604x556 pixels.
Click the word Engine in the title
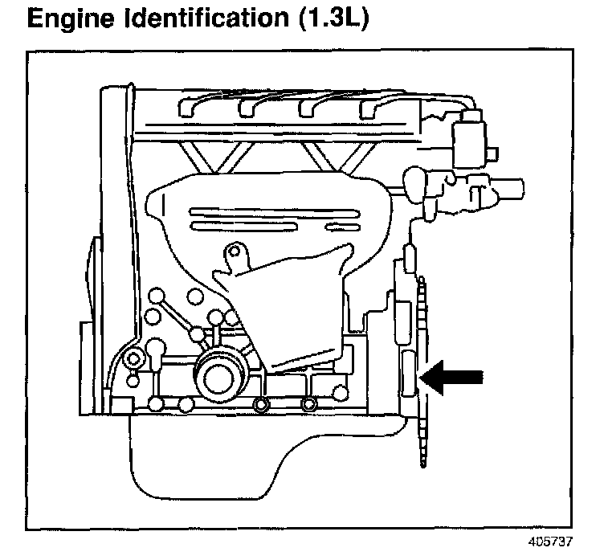pyautogui.click(x=71, y=18)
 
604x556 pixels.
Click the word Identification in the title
pyautogui.click(x=206, y=18)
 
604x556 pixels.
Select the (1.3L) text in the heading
pyautogui.click(x=333, y=18)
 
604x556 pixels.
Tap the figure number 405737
pyautogui.click(x=549, y=542)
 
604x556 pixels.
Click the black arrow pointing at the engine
pyautogui.click(x=451, y=377)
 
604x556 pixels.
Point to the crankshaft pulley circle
pyautogui.click(x=218, y=378)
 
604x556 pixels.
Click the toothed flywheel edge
pyautogui.click(x=422, y=372)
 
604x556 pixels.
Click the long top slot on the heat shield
pyautogui.click(x=274, y=212)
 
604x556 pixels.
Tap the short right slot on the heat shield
pyautogui.click(x=343, y=227)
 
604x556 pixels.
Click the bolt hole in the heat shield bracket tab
pyautogui.click(x=235, y=251)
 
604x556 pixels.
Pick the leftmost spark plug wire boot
pyautogui.click(x=187, y=108)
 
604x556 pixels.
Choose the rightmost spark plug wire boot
pyautogui.click(x=368, y=109)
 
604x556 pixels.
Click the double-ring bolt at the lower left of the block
pyautogui.click(x=133, y=359)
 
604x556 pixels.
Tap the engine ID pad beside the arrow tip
pyautogui.click(x=408, y=373)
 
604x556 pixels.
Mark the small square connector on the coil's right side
pyautogui.click(x=492, y=154)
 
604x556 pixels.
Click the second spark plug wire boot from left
pyautogui.click(x=247, y=108)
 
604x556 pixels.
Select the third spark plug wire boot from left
pyautogui.click(x=308, y=108)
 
